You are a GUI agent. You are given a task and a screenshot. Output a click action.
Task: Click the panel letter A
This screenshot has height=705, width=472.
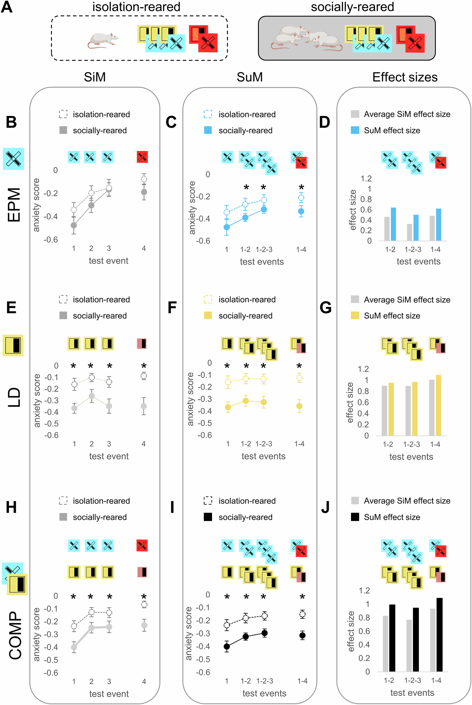tap(6, 7)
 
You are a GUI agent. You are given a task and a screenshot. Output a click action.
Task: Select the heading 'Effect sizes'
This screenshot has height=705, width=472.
tap(405, 77)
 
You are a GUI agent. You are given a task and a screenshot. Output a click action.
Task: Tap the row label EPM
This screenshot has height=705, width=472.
tap(14, 205)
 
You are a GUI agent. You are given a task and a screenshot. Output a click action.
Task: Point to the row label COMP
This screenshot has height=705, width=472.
tap(15, 635)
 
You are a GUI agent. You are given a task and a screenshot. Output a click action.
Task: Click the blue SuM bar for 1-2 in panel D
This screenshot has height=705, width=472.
tap(393, 224)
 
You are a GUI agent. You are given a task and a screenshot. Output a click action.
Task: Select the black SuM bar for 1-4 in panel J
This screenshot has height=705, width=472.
tap(439, 635)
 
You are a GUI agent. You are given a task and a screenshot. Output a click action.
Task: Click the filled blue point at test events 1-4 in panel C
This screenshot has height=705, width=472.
tap(301, 211)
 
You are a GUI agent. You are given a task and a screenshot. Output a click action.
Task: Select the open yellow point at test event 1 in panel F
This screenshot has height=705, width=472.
tap(228, 382)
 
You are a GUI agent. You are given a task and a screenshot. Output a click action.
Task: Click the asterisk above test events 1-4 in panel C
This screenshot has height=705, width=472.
tap(301, 187)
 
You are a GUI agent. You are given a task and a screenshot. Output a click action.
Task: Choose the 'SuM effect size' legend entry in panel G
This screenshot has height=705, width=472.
tap(392, 316)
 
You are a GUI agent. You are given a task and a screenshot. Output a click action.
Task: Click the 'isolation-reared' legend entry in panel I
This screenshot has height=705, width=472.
tap(247, 501)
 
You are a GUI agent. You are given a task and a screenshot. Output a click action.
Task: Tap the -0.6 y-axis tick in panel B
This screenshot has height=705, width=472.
tap(50, 240)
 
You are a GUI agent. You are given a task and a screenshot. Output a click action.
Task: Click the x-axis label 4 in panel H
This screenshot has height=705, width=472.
tap(144, 681)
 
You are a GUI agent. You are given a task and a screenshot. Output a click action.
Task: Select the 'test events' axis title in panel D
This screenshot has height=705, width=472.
tap(418, 261)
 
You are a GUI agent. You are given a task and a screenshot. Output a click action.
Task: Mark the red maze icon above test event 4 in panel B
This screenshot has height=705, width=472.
tap(142, 157)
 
